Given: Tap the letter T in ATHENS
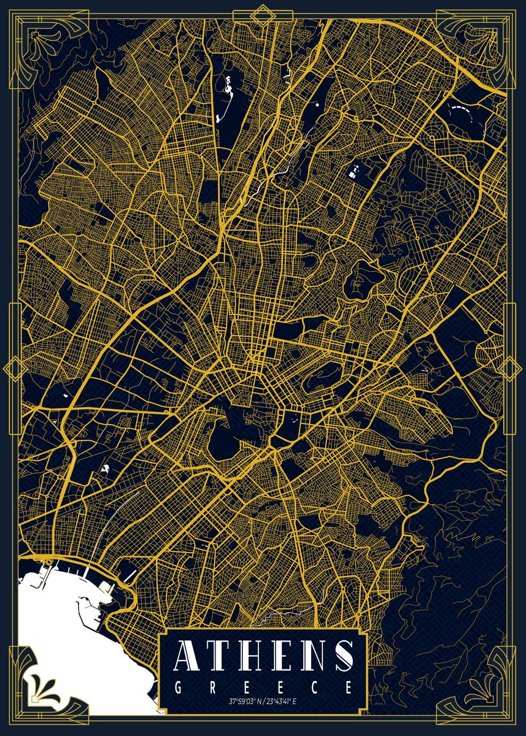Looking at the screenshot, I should (x=219, y=656).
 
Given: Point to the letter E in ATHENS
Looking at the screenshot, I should (x=280, y=656).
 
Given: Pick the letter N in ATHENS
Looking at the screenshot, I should (x=311, y=656).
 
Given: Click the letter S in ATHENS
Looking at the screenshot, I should (x=341, y=656).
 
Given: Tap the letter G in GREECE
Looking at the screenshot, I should (x=178, y=687).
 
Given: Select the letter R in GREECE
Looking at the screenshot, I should (x=212, y=687).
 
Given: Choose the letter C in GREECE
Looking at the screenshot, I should (x=315, y=687).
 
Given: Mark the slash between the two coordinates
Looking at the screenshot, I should (x=262, y=700).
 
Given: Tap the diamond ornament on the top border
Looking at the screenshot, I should (x=263, y=12).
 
